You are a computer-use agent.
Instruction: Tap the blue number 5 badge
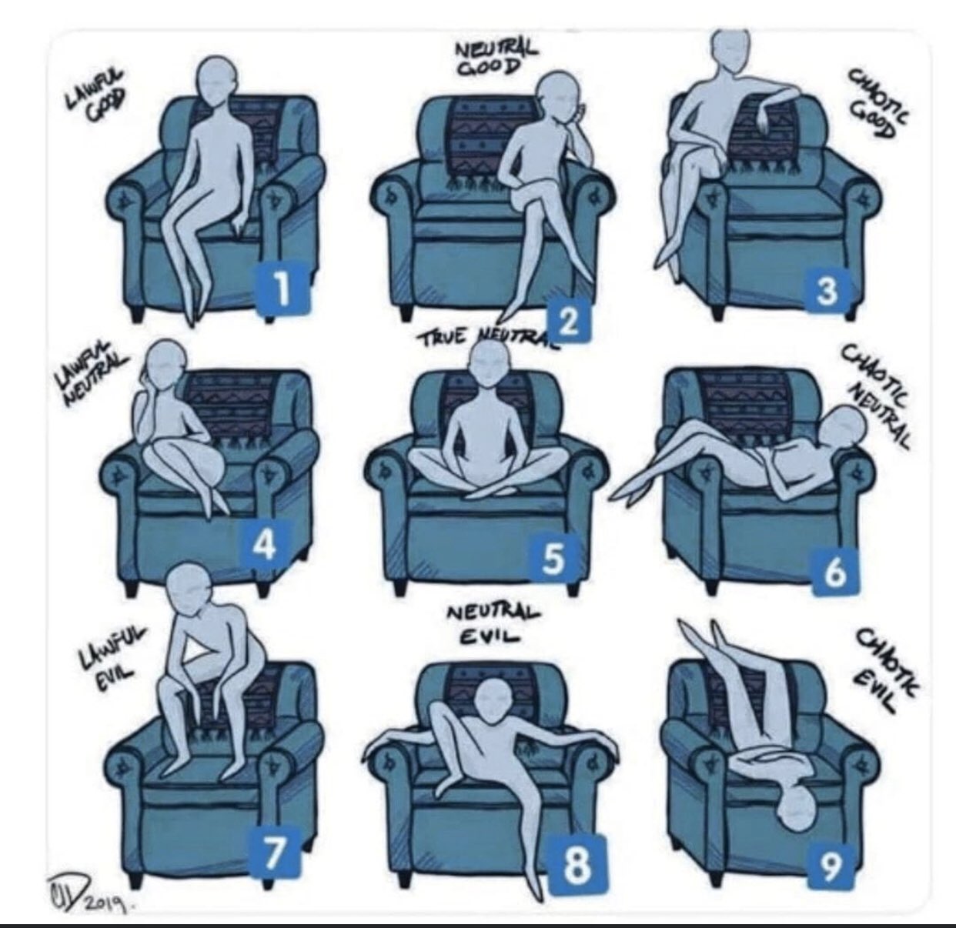point(552,559)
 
